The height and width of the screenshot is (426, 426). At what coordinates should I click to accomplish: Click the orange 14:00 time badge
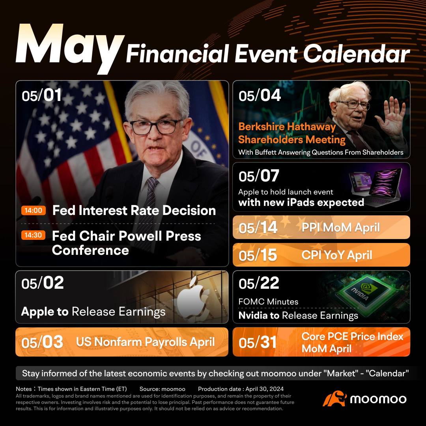[x=34, y=210]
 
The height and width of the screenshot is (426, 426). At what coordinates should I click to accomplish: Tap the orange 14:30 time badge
[x=33, y=235]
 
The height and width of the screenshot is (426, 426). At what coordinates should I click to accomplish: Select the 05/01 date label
[x=41, y=95]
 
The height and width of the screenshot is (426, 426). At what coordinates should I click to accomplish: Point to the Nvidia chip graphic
[x=363, y=294]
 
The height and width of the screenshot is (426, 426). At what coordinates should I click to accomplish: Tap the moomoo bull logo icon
[x=334, y=398]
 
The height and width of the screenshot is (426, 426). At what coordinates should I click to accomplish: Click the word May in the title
[x=69, y=48]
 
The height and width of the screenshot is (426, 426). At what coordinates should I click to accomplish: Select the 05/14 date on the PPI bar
[x=258, y=228]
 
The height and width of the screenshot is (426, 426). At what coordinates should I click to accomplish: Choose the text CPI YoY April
[x=336, y=255]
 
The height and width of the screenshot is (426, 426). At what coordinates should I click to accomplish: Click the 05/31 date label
[x=258, y=342]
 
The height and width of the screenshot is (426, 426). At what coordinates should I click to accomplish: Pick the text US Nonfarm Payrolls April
[x=145, y=342]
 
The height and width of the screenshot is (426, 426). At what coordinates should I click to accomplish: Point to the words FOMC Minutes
[x=268, y=302]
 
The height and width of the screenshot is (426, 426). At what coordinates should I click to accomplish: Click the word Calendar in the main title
[x=356, y=54]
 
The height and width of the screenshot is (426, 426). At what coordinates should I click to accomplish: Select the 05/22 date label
[x=259, y=283]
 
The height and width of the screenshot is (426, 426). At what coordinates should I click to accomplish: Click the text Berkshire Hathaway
[x=287, y=127]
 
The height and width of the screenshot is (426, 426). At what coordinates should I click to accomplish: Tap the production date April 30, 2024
[x=265, y=389]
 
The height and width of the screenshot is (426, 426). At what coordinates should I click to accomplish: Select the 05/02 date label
[x=43, y=283]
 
